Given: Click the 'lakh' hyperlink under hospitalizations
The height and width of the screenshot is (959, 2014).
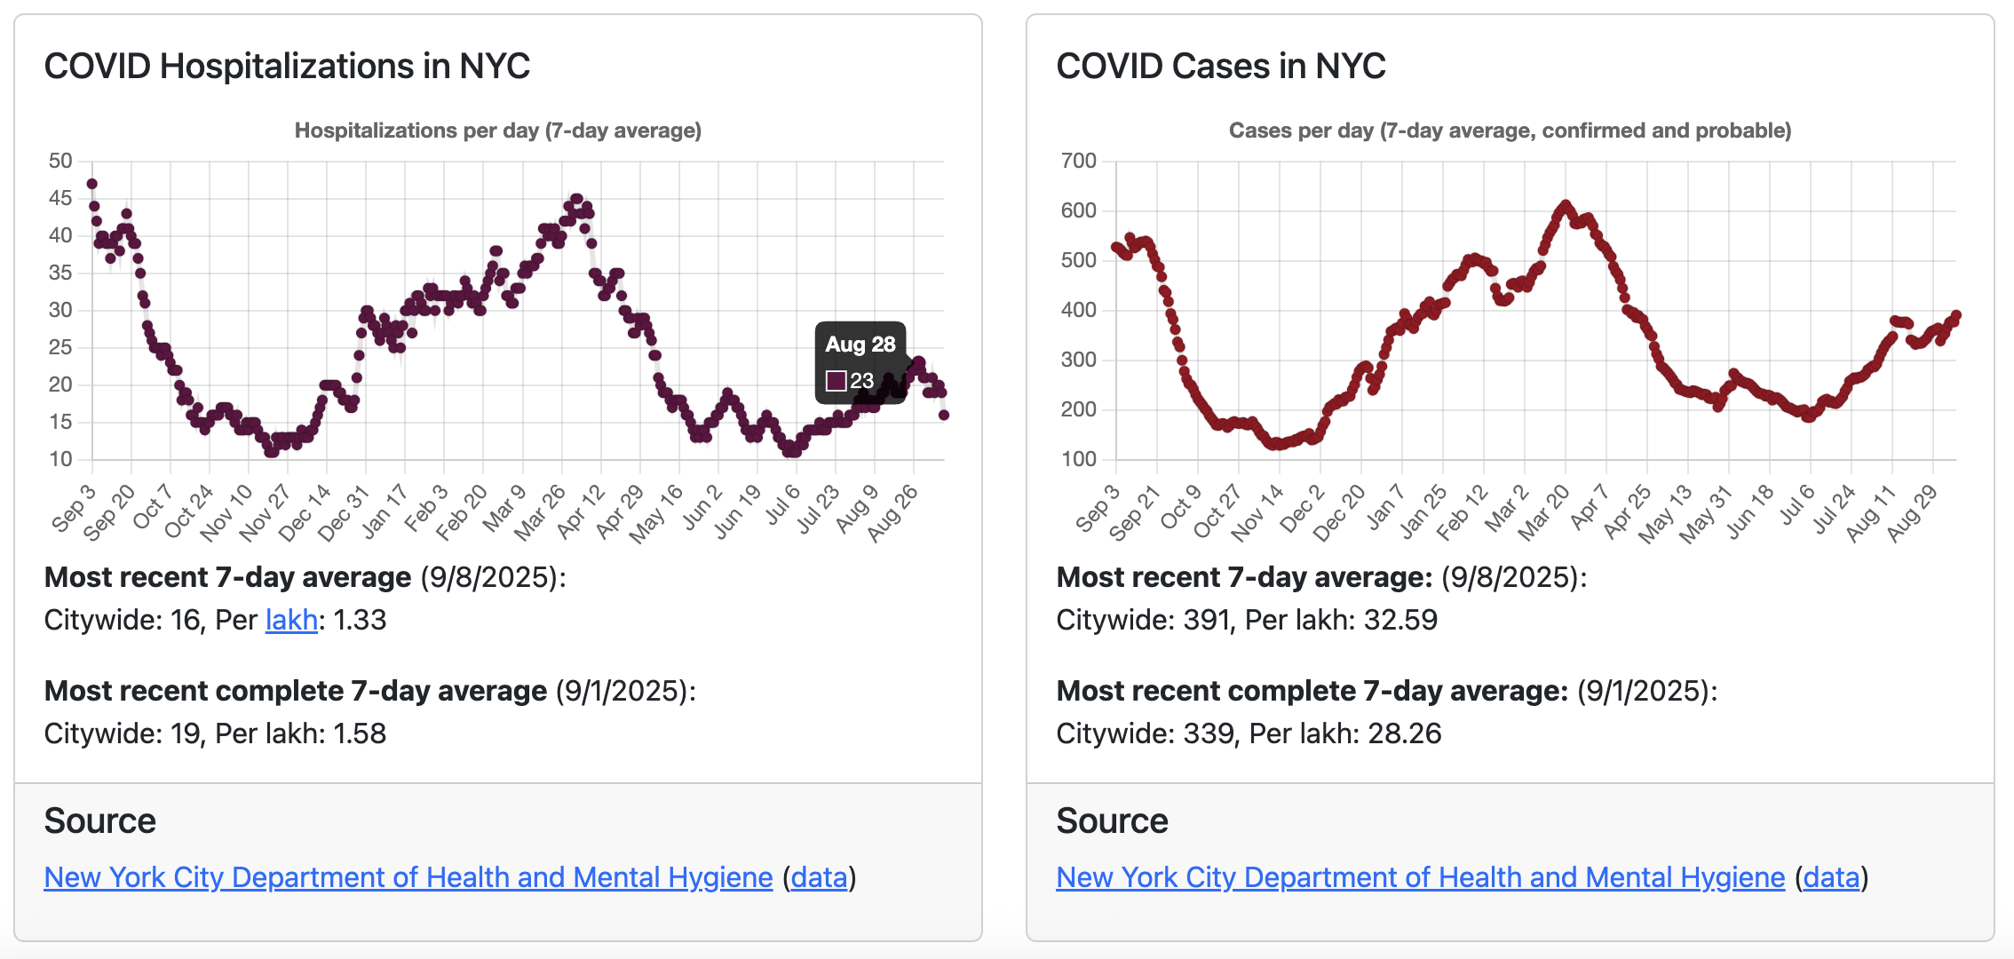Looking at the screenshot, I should coord(291,620).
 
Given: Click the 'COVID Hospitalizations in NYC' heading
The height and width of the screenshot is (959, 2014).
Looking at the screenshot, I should coord(287,67).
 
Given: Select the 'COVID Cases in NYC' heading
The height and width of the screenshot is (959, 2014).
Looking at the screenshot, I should coord(1220,67).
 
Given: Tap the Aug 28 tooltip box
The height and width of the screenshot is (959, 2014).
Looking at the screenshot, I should coord(860,362).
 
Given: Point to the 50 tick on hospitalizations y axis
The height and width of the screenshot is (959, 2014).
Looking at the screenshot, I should coord(60,161).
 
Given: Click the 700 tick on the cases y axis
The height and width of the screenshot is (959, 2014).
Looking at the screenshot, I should coord(1078,161).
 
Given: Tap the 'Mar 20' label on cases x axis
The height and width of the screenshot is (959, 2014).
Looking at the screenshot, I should coord(1544,513).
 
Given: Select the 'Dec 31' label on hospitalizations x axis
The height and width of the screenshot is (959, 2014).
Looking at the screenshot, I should coord(345,513).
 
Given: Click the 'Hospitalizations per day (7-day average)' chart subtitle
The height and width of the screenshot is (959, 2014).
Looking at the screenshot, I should coord(497,131).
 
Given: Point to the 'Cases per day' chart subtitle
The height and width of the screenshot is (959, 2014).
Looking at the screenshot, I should coord(1510,131).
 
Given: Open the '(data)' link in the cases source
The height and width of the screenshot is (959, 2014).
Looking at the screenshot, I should coord(1831,877).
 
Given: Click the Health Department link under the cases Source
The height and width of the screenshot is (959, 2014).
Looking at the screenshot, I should coord(1420,877).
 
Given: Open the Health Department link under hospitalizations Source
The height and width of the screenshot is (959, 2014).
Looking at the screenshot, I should coord(408,877).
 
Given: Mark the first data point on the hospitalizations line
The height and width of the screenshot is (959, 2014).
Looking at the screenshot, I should coord(91,184).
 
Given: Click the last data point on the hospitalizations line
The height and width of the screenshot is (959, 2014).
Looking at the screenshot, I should coord(944,415).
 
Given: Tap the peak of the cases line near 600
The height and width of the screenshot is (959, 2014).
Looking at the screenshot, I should coord(1565,205).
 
